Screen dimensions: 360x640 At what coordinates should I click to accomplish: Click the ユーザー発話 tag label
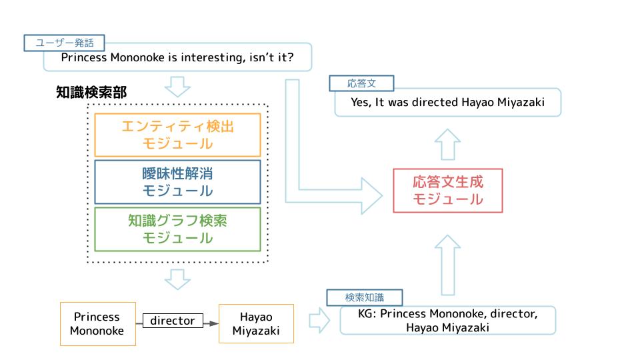click(x=65, y=43)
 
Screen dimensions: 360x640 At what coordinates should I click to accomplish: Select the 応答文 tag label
click(x=362, y=83)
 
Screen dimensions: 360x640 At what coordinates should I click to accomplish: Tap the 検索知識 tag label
click(x=364, y=297)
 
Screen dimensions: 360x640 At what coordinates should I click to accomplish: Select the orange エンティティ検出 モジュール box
click(x=177, y=135)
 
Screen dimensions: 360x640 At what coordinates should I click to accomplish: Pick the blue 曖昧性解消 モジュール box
click(x=177, y=181)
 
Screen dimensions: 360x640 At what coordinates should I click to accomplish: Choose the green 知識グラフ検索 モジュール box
click(x=177, y=229)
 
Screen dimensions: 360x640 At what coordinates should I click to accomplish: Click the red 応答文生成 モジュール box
click(x=447, y=190)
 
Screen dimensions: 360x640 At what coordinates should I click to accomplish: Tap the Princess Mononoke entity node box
click(x=97, y=323)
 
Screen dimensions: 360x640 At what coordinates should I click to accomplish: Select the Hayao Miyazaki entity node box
click(x=256, y=323)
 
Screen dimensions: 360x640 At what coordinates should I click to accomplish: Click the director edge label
click(x=172, y=321)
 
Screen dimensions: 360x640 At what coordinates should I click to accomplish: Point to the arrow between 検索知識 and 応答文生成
click(x=447, y=263)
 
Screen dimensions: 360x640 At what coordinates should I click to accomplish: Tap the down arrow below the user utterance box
click(x=177, y=86)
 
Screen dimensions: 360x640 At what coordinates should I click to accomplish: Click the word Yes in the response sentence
click(x=361, y=103)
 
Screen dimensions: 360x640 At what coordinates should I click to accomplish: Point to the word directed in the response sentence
click(x=435, y=103)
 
